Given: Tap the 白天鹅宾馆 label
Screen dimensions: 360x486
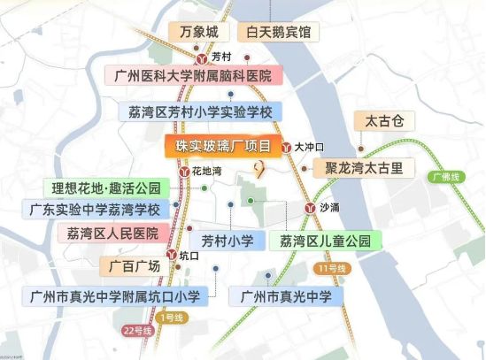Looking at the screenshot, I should pyautogui.click(x=279, y=33).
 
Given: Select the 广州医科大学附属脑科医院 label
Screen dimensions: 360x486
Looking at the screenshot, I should pyautogui.click(x=192, y=76).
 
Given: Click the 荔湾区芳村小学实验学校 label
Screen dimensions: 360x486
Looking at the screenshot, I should pyautogui.click(x=199, y=111).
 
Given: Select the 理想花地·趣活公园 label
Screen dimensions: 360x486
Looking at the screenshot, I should pyautogui.click(x=107, y=188).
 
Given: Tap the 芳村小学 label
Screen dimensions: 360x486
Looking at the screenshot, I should pyautogui.click(x=227, y=241).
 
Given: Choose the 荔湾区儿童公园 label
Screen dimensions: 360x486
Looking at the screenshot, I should pyautogui.click(x=324, y=241).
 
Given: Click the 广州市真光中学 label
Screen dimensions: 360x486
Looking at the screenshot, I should pyautogui.click(x=284, y=295).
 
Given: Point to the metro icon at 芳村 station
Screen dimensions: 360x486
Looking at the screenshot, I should pyautogui.click(x=201, y=56).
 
